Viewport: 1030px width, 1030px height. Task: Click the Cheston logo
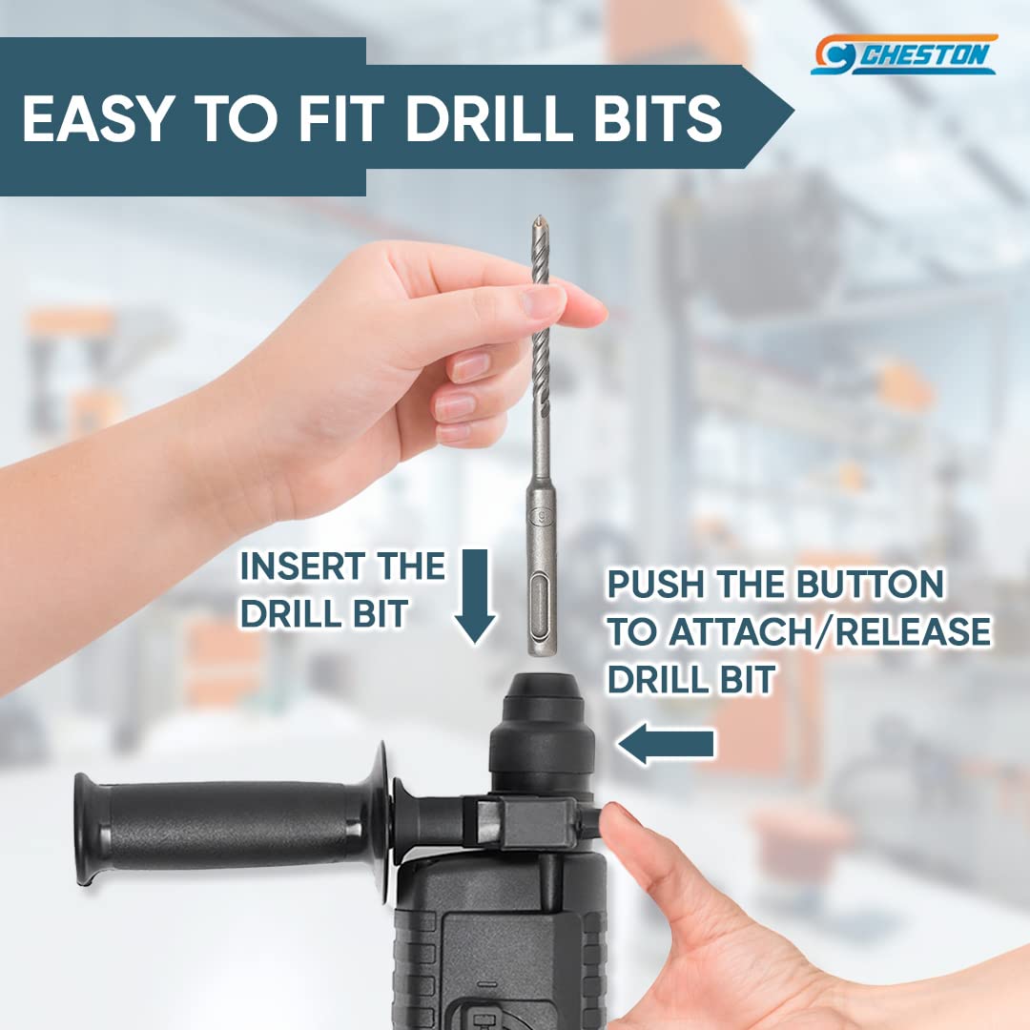pos(904,54)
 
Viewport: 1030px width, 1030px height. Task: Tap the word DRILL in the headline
pos(489,119)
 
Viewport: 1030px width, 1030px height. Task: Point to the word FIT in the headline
pos(340,119)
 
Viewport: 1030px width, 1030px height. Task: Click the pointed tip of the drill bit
pos(539,217)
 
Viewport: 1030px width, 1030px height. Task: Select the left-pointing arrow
pos(666,744)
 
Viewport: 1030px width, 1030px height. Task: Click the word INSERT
pos(299,566)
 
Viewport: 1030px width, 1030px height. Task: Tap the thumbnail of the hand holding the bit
pos(543,300)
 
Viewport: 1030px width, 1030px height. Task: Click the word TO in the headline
pos(235,119)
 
